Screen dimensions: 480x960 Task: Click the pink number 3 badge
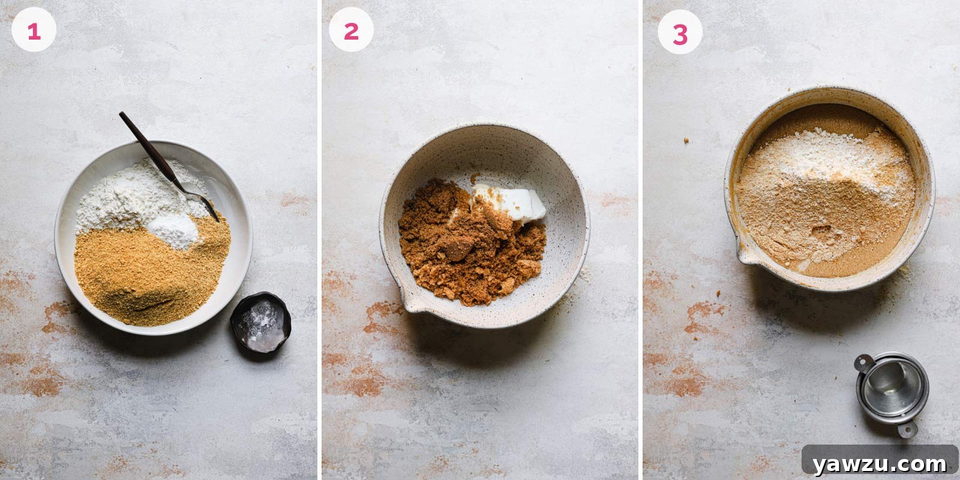click(680, 34)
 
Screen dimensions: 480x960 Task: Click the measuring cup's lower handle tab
click(907, 428)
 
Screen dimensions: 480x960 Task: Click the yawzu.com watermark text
click(880, 463)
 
